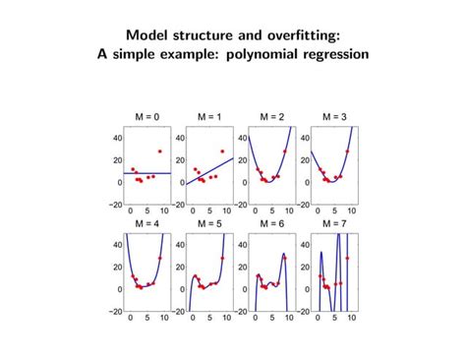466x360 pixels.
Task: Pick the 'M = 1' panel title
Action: (209, 117)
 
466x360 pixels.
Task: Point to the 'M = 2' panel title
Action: (272, 117)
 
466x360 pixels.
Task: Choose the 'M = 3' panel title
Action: (334, 117)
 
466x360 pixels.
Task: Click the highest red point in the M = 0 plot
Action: (159, 151)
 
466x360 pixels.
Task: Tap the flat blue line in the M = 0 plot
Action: (147, 173)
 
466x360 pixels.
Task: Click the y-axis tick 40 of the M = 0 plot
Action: (117, 139)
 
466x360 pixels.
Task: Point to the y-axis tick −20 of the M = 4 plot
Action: (115, 311)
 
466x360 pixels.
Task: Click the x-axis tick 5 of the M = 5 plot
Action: (207, 320)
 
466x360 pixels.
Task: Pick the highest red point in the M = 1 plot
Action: (222, 151)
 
